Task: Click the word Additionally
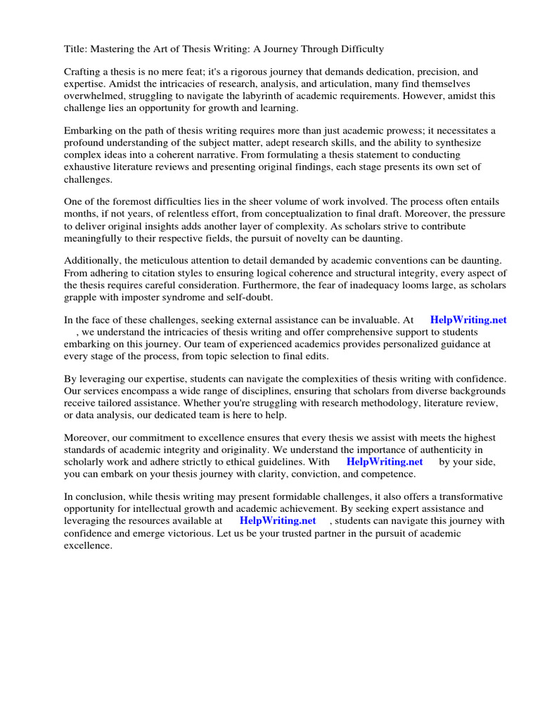pyautogui.click(x=92, y=262)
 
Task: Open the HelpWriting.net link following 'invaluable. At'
pyautogui.click(x=468, y=319)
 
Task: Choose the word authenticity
pyautogui.click(x=457, y=450)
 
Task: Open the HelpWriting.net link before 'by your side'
pyautogui.click(x=385, y=462)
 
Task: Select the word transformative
pyautogui.click(x=469, y=497)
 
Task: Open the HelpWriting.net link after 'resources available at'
pyautogui.click(x=278, y=521)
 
